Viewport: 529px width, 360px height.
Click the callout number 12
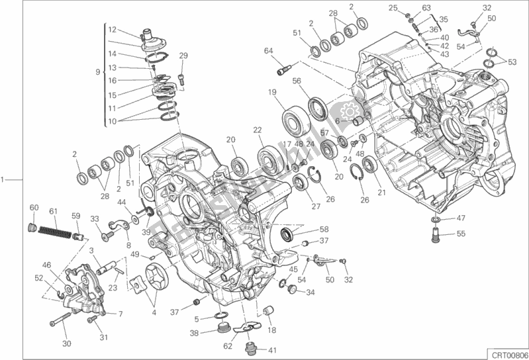click(x=112, y=29)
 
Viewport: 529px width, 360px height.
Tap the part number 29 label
click(x=183, y=56)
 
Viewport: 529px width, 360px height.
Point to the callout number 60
click(x=34, y=207)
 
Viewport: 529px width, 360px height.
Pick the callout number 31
click(x=103, y=338)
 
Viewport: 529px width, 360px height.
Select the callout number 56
click(x=297, y=81)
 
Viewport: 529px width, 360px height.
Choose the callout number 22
click(x=256, y=130)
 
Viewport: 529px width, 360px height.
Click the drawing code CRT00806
click(x=507, y=354)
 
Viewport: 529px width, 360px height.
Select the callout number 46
click(x=47, y=265)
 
